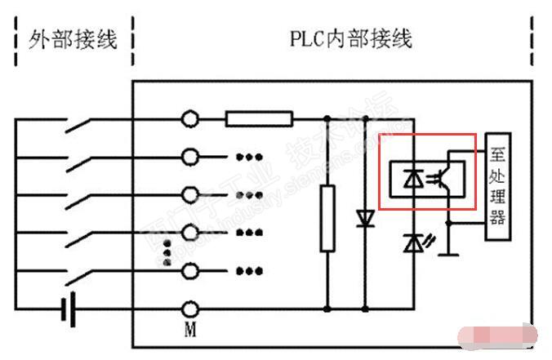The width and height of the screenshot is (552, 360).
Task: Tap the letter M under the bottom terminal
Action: (x=190, y=330)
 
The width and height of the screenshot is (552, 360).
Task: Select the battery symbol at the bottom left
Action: (x=69, y=309)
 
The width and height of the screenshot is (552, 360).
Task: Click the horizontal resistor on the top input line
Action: (x=259, y=119)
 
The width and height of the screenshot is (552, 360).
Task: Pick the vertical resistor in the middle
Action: (x=327, y=217)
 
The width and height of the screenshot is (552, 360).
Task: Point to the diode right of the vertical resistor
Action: (x=364, y=219)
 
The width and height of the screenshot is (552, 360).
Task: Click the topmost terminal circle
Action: (x=190, y=119)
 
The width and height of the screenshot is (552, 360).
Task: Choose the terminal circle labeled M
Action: (x=190, y=309)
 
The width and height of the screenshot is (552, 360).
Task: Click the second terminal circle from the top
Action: (x=190, y=157)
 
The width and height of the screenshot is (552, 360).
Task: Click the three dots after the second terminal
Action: (x=247, y=157)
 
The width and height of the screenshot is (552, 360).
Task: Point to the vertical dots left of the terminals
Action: (x=167, y=252)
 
